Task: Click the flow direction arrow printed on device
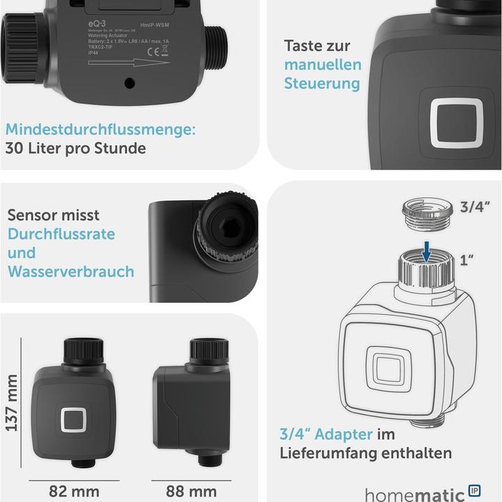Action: click(129, 63)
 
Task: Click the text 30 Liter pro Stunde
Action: click(75, 148)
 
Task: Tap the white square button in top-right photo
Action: click(457, 122)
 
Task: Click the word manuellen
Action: click(322, 65)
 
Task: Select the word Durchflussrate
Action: click(61, 234)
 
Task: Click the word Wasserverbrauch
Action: click(70, 271)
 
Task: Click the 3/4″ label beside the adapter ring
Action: click(476, 207)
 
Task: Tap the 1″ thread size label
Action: click(467, 261)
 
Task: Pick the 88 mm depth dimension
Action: click(191, 491)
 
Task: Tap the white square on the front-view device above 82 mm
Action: click(73, 420)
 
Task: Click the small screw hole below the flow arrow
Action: click(129, 83)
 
